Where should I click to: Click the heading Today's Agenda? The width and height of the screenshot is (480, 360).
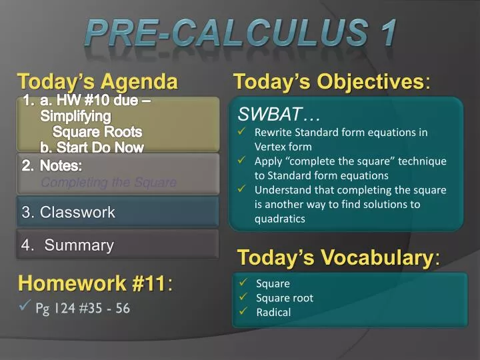(x=98, y=82)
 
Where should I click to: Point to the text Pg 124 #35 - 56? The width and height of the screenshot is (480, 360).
(x=83, y=308)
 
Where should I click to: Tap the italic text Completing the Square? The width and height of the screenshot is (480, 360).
(x=109, y=183)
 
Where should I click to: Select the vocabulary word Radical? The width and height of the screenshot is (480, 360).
(x=273, y=312)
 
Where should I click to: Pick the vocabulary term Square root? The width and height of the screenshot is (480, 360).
(x=285, y=298)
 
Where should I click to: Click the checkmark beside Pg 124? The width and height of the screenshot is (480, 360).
(x=25, y=307)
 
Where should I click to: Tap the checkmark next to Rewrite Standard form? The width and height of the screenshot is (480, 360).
(x=244, y=132)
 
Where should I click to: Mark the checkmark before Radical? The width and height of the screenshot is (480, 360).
(x=244, y=312)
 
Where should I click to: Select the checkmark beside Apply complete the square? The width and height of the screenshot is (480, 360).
(x=244, y=161)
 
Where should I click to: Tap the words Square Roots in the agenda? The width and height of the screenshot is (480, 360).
(x=97, y=132)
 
